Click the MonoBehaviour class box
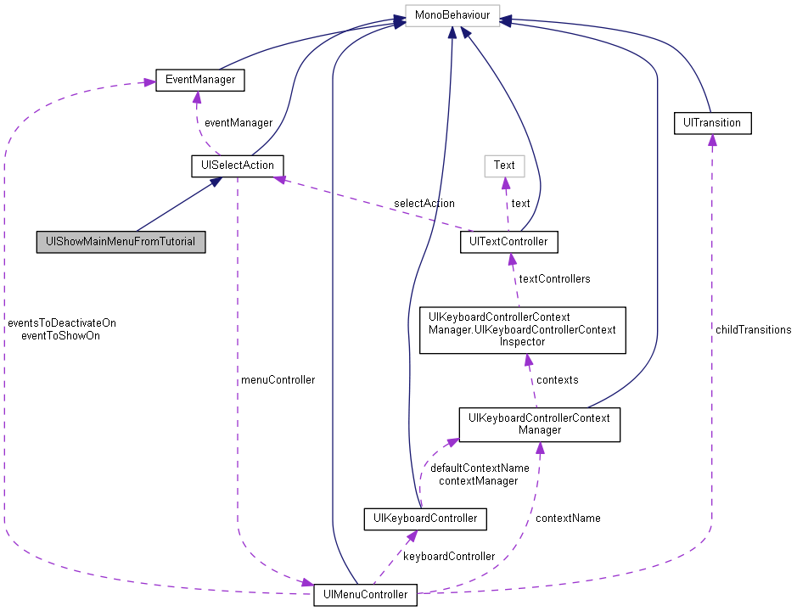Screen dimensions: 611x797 [x=452, y=15]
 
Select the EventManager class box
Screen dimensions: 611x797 [x=199, y=81]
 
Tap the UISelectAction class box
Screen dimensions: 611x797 [x=237, y=165]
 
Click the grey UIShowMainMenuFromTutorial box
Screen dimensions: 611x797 [x=121, y=242]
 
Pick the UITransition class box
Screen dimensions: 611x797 [x=711, y=122]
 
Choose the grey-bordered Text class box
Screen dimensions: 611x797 [x=504, y=165]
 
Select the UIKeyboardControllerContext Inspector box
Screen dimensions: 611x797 [x=522, y=329]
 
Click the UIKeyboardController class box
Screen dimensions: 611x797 [x=424, y=518]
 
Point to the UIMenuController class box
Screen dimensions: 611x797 [x=365, y=594]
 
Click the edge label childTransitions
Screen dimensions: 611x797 [x=752, y=329]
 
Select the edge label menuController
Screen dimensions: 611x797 [x=278, y=379]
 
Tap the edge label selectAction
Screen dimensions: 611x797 [x=424, y=203]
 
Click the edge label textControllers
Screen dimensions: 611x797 [x=554, y=278]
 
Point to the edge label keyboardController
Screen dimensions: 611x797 [x=448, y=556]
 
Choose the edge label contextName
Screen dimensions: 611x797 [x=567, y=518]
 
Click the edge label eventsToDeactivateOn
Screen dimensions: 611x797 [x=62, y=322]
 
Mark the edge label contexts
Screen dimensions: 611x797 [x=557, y=379]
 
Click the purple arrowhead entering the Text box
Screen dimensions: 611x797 [x=505, y=182]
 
